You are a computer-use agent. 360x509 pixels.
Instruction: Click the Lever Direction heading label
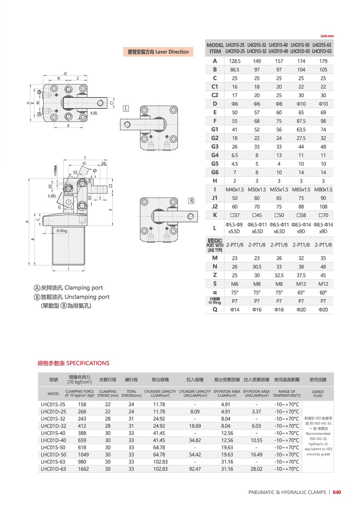[158, 52]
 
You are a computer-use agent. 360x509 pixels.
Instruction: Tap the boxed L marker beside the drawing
[126, 109]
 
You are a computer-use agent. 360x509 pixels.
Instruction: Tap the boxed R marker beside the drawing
[191, 201]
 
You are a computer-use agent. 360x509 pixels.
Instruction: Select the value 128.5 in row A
[234, 61]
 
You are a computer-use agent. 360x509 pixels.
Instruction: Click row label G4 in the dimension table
[215, 155]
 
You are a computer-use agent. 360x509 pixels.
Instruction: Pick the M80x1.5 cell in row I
[323, 190]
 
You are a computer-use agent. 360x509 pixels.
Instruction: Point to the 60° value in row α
[323, 292]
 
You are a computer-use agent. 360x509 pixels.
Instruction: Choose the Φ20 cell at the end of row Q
[323, 309]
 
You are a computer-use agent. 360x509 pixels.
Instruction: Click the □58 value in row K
[301, 216]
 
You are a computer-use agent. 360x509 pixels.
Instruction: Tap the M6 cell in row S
[234, 284]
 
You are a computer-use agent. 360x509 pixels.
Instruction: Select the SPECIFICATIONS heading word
[88, 363]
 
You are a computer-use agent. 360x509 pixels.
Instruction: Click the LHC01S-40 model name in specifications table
[53, 433]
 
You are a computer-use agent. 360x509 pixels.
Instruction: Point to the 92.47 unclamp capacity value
[195, 469]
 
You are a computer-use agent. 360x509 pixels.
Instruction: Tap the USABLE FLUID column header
[318, 393]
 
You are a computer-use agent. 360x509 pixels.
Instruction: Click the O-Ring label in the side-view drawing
[62, 231]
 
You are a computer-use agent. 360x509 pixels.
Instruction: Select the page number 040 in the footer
[337, 492]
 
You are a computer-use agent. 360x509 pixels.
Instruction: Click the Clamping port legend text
[84, 287]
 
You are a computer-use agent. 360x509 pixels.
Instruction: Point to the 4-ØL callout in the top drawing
[94, 113]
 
